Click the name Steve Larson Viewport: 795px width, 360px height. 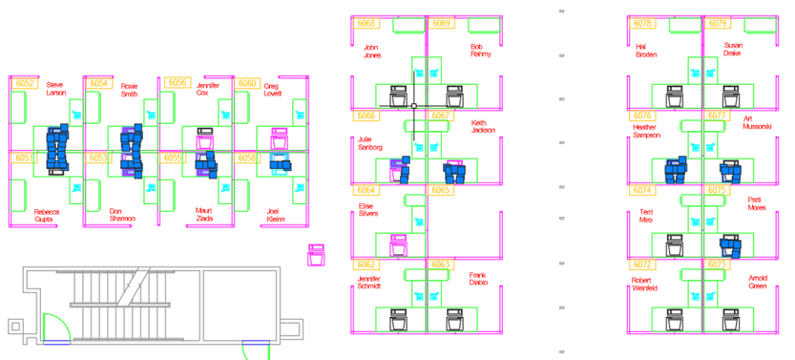point(56,89)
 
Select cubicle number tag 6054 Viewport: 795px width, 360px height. point(99,84)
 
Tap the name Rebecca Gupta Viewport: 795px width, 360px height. point(47,215)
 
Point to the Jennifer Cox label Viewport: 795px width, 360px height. point(208,89)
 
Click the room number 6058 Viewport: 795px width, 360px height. point(247,158)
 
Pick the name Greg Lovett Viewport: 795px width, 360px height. point(273,89)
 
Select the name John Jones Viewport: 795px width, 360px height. point(372,51)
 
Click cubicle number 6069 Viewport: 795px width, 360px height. point(441,23)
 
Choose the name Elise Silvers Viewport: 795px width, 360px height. point(366,209)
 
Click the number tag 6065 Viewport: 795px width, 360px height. point(440,191)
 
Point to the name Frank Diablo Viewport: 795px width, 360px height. point(478,280)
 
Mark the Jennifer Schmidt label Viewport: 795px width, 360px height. point(368,282)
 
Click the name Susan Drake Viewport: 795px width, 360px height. point(732,49)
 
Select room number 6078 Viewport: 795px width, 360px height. point(642,23)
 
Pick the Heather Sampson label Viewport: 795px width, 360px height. point(645,131)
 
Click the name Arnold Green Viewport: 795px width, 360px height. point(758,282)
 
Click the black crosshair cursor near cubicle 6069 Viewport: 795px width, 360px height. point(413,104)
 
